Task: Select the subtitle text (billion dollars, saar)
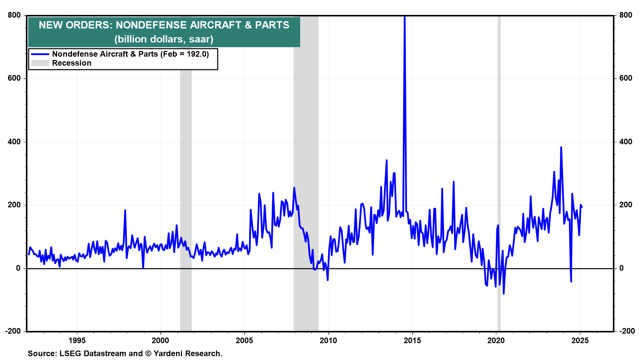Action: pos(164,39)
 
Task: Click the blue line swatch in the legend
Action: pos(40,54)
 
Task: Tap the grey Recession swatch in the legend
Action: pos(40,63)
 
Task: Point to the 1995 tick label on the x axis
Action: pos(77,340)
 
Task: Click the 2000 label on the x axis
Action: pos(160,340)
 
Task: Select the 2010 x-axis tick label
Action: pos(328,340)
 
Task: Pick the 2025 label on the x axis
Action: pos(580,340)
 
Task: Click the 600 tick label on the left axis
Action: pos(14,78)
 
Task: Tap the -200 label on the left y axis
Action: pos(13,331)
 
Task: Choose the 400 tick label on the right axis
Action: pos(626,142)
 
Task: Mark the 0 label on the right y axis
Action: pos(621,268)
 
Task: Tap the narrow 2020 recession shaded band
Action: pos(499,167)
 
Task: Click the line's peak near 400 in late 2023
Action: pos(561,147)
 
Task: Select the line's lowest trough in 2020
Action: pos(503,293)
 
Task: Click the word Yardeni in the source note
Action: pos(169,353)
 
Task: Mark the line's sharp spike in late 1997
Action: pos(125,210)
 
